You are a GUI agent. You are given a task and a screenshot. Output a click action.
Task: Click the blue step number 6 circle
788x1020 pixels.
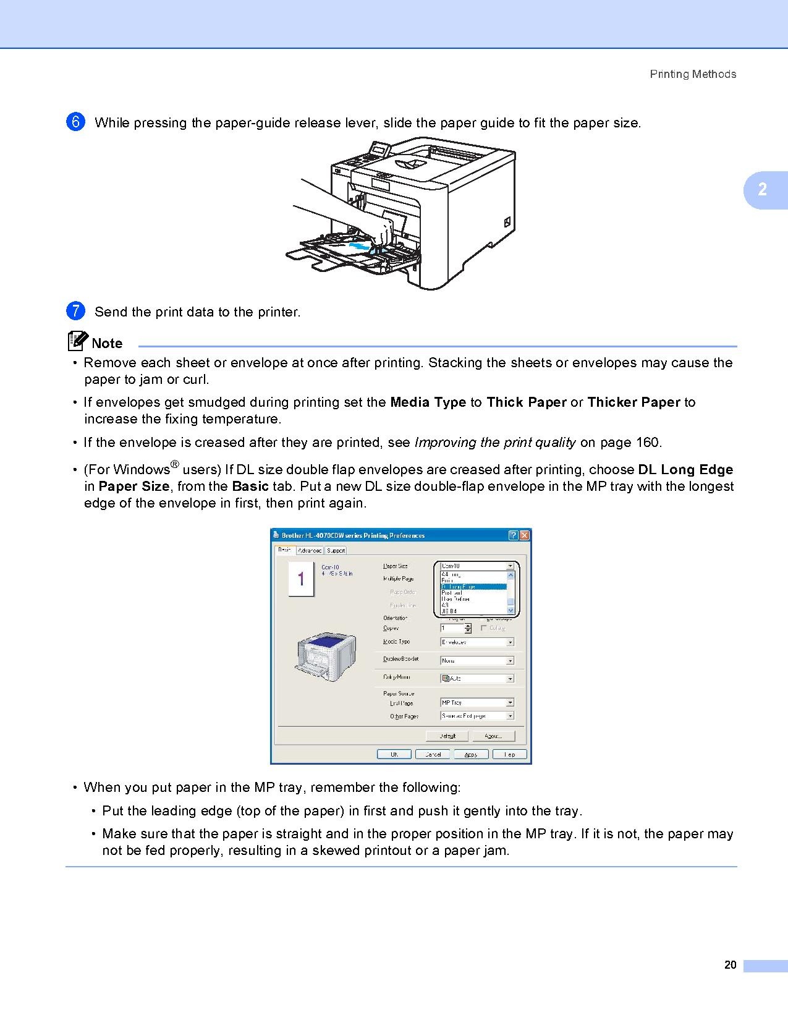[75, 122]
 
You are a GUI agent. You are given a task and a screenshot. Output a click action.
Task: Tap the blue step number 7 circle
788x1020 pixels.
[75, 311]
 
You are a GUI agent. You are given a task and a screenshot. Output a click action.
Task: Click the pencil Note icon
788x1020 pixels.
[78, 341]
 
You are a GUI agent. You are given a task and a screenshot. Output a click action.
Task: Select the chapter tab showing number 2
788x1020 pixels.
[764, 189]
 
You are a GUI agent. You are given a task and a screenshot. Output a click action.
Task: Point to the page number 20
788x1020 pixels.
[730, 965]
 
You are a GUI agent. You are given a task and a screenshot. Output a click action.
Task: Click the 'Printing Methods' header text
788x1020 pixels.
[693, 74]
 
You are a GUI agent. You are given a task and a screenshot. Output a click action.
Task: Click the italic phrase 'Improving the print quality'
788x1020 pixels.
[495, 443]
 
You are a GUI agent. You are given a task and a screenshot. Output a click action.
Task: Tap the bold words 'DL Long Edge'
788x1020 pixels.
[685, 470]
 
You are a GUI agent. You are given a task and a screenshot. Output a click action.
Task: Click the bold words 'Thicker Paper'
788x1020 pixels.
[633, 402]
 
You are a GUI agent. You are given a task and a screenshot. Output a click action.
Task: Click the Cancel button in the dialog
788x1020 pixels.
[433, 754]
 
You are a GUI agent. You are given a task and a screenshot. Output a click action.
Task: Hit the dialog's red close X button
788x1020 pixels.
[524, 535]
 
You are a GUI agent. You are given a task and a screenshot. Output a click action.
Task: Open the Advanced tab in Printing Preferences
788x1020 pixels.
[310, 550]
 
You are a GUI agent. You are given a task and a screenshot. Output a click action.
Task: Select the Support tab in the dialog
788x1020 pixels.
[336, 550]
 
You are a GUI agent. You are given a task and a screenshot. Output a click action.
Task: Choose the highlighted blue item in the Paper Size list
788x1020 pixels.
[473, 587]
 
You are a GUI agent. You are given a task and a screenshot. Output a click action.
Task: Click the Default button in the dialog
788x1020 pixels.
[447, 736]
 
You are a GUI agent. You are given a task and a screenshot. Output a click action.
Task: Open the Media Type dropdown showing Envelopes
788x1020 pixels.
[477, 642]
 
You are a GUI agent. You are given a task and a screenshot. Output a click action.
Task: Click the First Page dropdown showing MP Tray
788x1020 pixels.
[477, 703]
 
